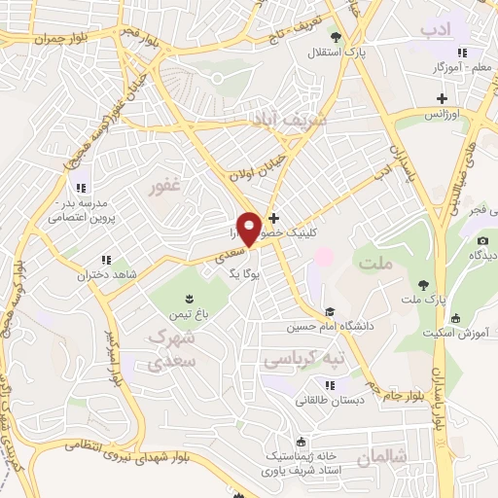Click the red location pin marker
249,228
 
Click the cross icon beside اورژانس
443,98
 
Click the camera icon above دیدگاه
482,240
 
